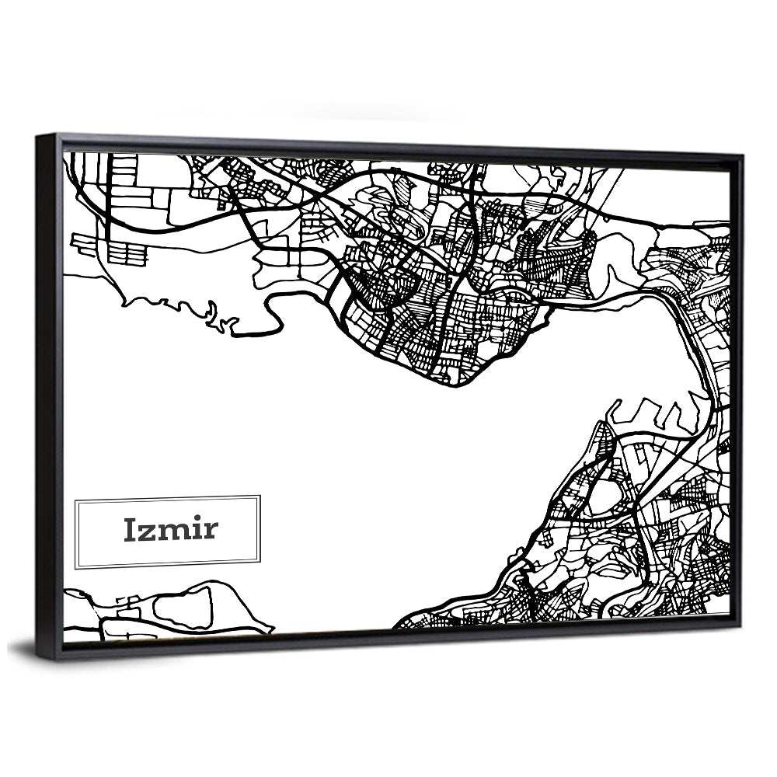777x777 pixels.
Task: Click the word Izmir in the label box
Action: (x=171, y=530)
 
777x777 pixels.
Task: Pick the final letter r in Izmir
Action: (x=211, y=532)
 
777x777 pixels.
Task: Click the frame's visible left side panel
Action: (x=48, y=396)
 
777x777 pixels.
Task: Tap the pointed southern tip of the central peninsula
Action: (x=458, y=385)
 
